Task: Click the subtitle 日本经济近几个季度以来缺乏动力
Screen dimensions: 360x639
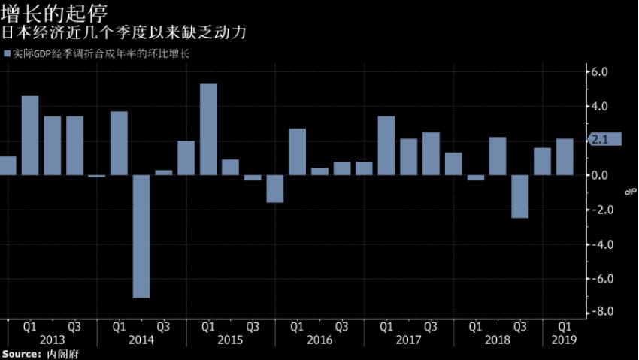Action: (125, 34)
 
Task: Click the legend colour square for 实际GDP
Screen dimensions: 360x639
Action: (8, 54)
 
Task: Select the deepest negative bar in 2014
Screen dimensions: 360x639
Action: (141, 236)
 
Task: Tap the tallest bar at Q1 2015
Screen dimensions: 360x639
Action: (208, 129)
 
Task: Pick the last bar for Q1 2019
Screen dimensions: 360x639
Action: (565, 156)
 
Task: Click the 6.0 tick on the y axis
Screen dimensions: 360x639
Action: (599, 72)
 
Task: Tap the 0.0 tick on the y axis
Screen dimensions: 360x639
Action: (599, 175)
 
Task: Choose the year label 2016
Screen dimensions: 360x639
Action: (319, 340)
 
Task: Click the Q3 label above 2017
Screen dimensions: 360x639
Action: (431, 327)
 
